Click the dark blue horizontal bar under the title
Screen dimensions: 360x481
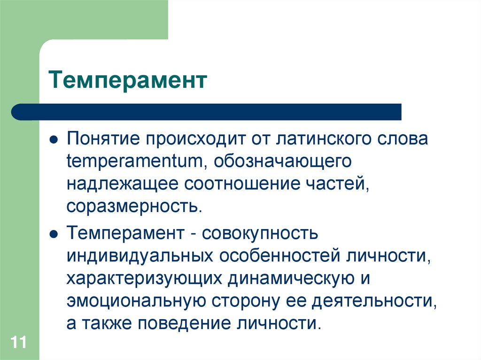coord(207,112)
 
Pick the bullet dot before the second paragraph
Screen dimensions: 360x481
coord(54,233)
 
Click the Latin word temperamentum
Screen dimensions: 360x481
coord(134,162)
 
